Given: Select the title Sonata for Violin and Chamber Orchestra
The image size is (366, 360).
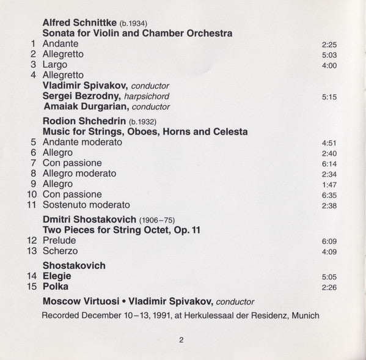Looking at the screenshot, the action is click(137, 34).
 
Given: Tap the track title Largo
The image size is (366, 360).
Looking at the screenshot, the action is click(54, 64).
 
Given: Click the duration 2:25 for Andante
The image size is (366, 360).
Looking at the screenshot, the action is click(329, 45).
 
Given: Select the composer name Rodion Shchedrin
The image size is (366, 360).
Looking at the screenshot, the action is click(83, 121).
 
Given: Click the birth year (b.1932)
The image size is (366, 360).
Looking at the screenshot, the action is click(143, 122).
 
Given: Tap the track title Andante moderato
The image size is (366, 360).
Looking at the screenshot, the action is click(82, 142).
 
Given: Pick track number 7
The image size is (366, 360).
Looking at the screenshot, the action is click(34, 163).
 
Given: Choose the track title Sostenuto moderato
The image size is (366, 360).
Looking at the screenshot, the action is click(86, 205).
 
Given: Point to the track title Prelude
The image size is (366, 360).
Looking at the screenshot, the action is click(59, 241).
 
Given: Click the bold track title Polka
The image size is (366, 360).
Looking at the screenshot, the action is click(56, 286).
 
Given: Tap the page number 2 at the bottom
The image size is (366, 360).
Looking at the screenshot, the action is click(181, 340).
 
